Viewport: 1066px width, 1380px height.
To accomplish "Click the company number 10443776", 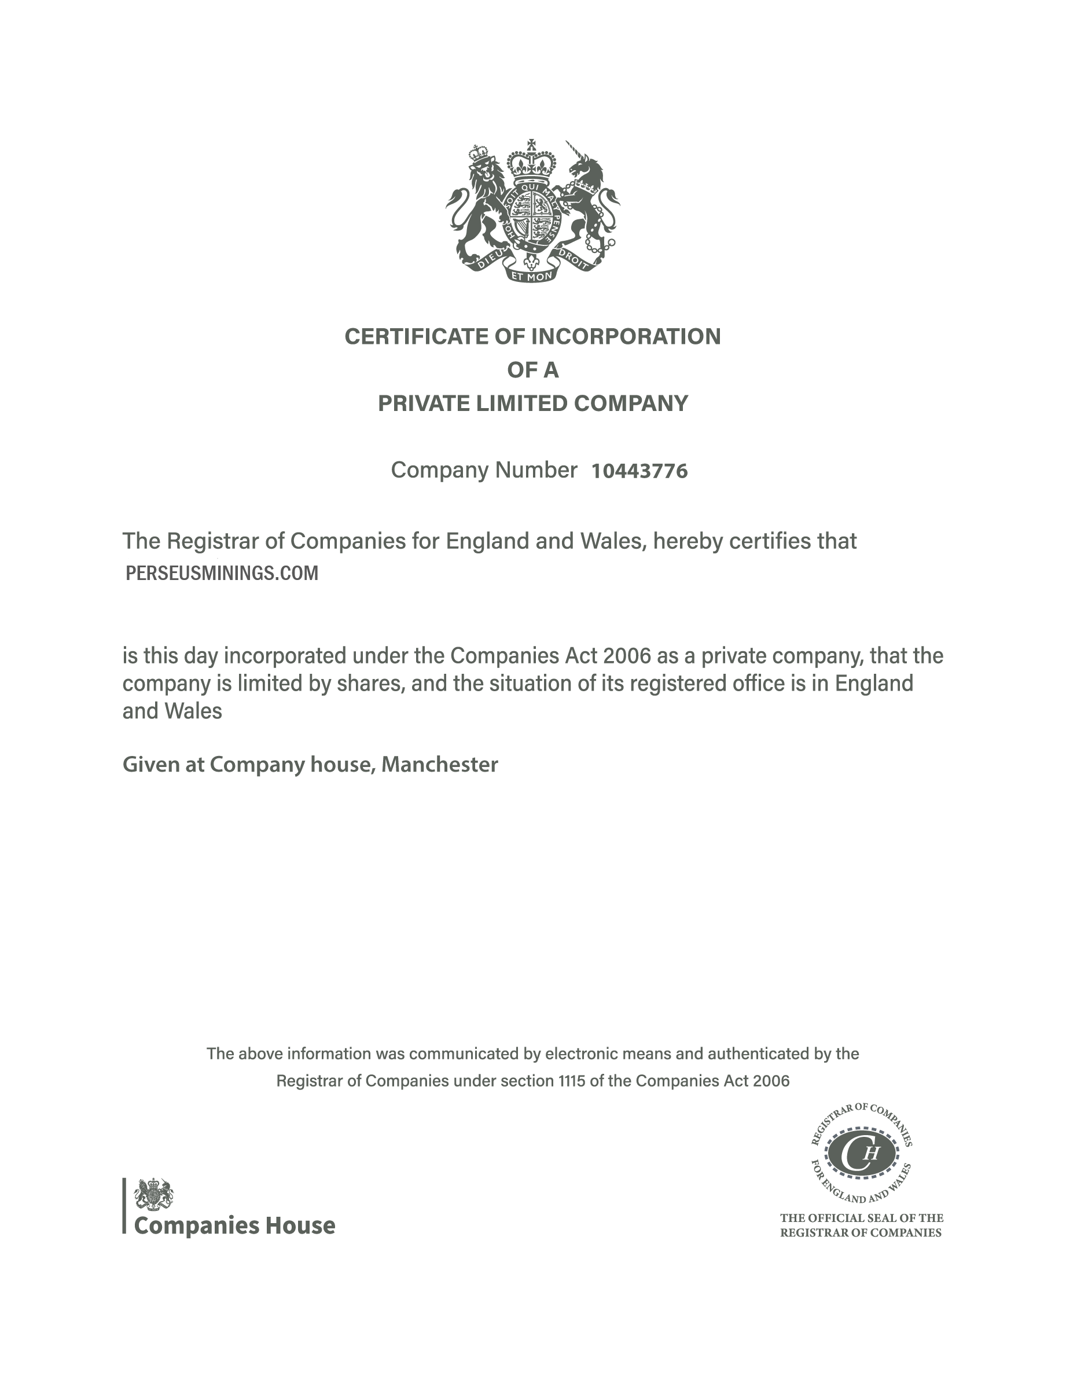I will (x=639, y=471).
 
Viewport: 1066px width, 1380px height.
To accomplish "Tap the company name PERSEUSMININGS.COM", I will (x=222, y=573).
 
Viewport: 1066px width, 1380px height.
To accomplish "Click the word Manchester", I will (x=440, y=765).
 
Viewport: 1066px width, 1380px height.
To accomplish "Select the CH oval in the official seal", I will (x=861, y=1154).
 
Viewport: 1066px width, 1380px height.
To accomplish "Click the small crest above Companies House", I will (x=153, y=1194).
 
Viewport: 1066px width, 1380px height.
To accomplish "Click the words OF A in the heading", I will (x=532, y=370).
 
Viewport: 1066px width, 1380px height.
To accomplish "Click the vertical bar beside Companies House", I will (x=124, y=1206).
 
